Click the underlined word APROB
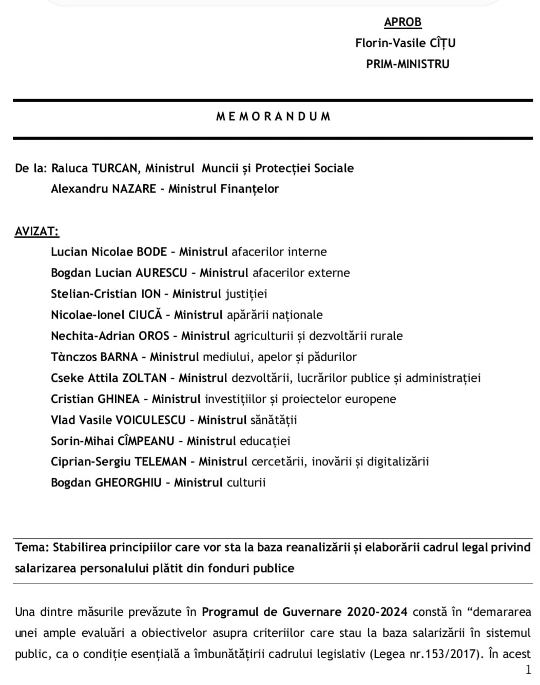tap(402, 22)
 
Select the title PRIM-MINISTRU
tap(408, 64)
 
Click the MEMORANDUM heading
tap(273, 116)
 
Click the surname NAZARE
tap(133, 189)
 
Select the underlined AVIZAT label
tap(36, 231)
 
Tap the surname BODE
tap(151, 252)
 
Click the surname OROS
tap(153, 336)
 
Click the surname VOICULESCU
tap(150, 420)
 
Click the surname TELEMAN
tap(160, 462)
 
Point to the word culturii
tap(246, 483)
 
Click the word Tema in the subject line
tap(31, 547)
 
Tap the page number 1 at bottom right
tap(528, 670)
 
